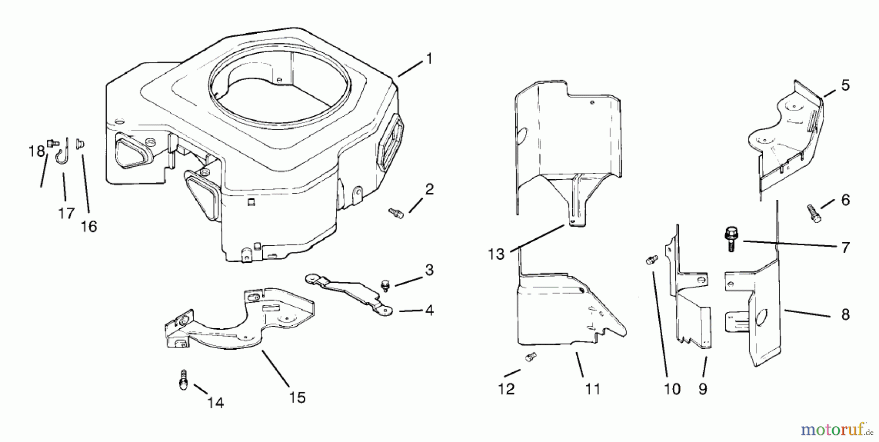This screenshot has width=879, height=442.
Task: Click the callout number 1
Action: point(429,59)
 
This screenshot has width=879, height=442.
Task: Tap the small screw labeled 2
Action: point(396,213)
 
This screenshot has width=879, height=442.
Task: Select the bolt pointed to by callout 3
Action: point(385,285)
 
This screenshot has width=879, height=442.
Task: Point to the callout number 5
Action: point(845,85)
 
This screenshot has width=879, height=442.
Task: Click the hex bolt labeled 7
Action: point(731,239)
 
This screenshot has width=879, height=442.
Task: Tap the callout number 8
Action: point(845,315)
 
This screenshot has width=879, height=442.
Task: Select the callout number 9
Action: point(703,389)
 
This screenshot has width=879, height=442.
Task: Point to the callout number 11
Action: point(592,389)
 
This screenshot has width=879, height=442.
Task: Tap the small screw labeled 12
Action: point(530,357)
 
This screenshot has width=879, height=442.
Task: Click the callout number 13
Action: point(496,254)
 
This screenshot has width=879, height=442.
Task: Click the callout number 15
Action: point(297,398)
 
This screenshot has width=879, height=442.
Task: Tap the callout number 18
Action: point(37,151)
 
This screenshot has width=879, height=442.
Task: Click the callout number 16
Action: point(89,227)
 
